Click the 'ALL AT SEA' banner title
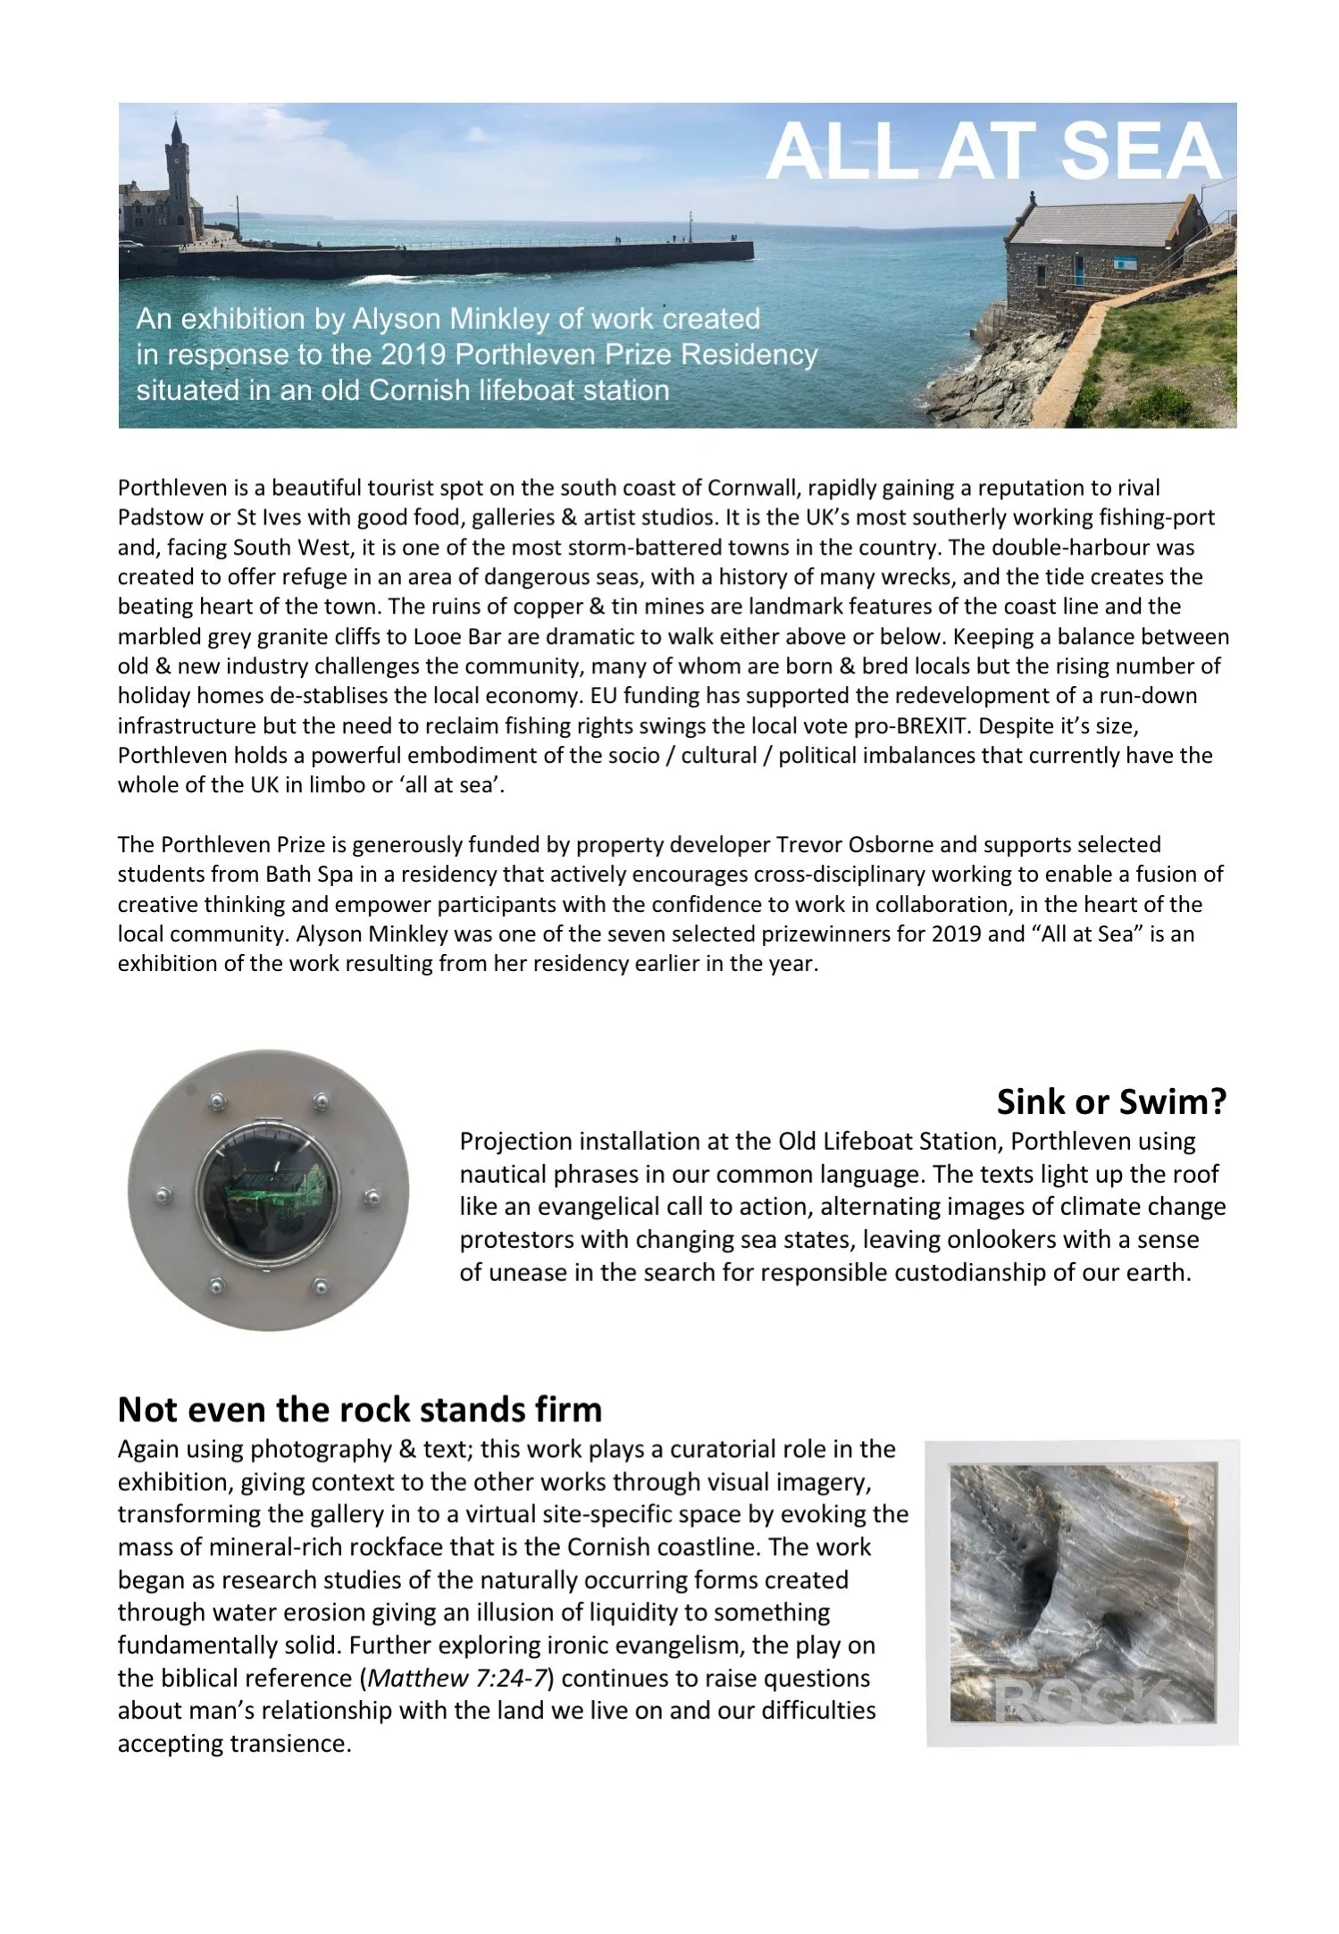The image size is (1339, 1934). [x=993, y=152]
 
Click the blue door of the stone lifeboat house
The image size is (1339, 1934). [x=1079, y=268]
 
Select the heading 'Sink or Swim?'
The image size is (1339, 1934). [x=1111, y=1102]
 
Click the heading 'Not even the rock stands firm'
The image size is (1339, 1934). [x=360, y=1410]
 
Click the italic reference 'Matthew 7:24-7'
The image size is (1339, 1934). [x=457, y=1678]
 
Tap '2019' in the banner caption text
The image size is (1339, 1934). [x=414, y=355]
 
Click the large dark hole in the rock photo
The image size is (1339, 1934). [x=1036, y=1595]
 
